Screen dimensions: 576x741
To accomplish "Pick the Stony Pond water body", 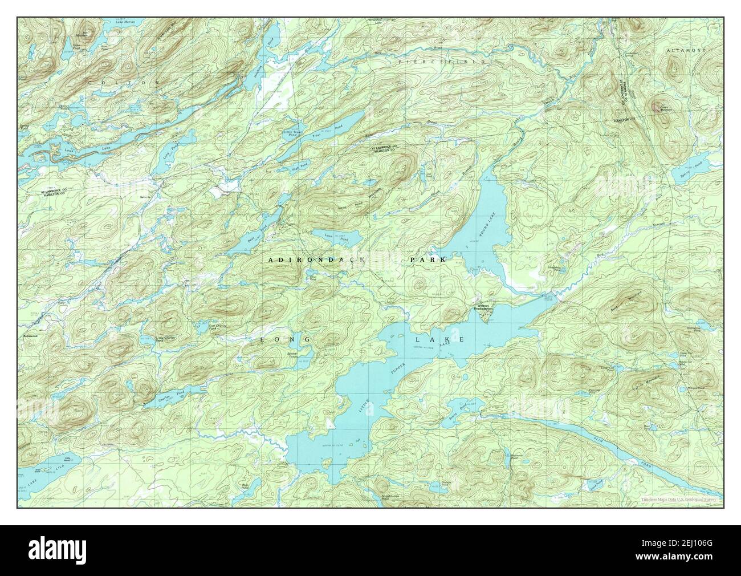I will (465, 406).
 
